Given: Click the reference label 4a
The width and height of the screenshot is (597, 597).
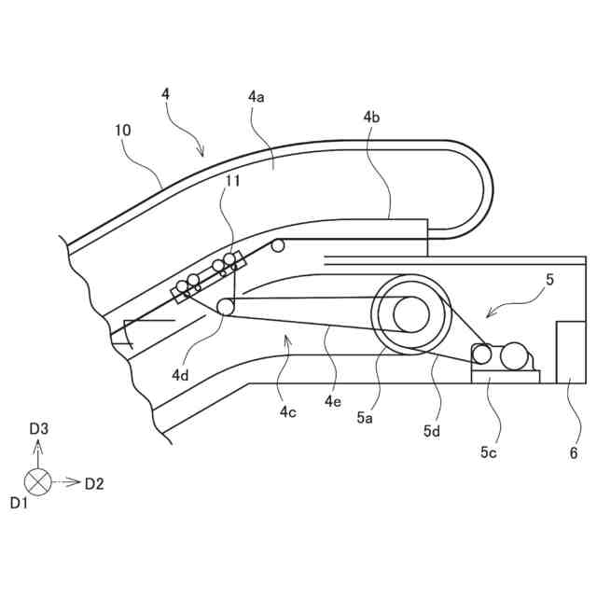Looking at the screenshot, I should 257,97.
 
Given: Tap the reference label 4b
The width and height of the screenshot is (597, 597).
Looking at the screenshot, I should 371,118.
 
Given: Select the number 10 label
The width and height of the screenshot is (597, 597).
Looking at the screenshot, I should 123,131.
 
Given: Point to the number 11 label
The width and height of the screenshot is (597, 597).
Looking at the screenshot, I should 232,181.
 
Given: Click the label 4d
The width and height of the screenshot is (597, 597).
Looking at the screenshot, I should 181,374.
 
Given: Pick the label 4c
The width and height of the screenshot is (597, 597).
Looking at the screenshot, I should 287,410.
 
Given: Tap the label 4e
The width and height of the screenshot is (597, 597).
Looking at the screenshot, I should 333,401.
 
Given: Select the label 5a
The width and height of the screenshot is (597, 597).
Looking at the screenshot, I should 366,419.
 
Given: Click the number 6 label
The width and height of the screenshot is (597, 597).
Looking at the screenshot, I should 574,453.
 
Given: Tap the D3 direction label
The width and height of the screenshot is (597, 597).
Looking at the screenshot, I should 39,428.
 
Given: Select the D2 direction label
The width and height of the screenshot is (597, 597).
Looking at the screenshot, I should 94,483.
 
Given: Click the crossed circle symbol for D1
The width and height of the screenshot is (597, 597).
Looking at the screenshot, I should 37,483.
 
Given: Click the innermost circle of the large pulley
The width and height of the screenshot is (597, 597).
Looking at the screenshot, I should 411,314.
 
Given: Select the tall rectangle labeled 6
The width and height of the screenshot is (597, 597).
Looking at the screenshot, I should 570,352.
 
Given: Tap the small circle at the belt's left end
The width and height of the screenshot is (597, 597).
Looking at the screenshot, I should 226,307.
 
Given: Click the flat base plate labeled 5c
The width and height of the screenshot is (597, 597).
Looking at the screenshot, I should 505,376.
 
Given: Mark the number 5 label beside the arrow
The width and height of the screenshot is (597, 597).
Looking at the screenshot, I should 549,279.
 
